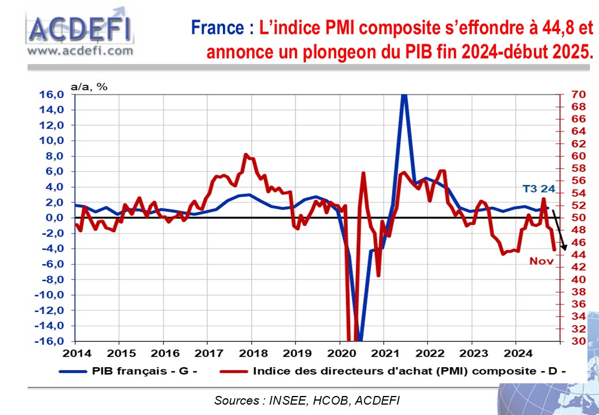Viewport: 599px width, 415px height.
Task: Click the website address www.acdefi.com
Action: [80, 51]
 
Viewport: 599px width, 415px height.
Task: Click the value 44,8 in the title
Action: [538, 27]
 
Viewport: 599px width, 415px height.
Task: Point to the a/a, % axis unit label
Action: [89, 86]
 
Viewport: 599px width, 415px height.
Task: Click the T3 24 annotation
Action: [538, 188]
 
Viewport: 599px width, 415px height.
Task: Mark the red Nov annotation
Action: [541, 261]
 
